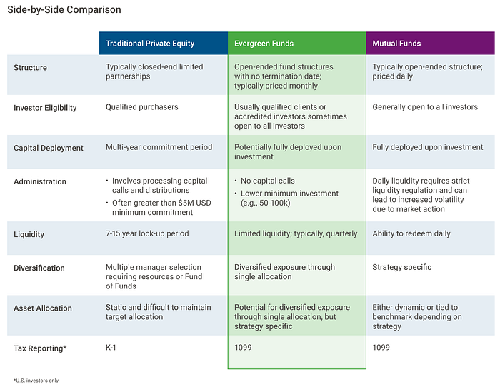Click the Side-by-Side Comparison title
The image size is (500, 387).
tap(64, 9)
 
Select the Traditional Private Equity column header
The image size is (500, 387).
tap(150, 44)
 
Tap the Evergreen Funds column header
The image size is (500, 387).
tap(264, 44)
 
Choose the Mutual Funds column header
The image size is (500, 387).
tap(396, 44)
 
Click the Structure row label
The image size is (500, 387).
tap(30, 68)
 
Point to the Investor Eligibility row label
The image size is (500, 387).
tap(45, 108)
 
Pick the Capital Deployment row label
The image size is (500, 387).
tap(49, 148)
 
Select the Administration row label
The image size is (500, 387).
tap(40, 181)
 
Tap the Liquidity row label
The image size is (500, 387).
tap(29, 234)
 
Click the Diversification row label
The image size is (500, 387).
tap(39, 268)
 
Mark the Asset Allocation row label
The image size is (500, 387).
tap(43, 308)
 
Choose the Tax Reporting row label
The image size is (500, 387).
tap(40, 348)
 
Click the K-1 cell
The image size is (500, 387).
tap(111, 348)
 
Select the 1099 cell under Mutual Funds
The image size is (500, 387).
tap(381, 348)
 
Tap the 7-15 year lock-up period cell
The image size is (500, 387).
tap(147, 233)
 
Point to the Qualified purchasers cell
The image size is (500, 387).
tap(142, 107)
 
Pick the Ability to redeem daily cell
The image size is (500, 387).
tap(411, 233)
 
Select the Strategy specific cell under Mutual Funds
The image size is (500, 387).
tap(401, 267)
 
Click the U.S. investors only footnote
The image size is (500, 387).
tap(36, 381)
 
